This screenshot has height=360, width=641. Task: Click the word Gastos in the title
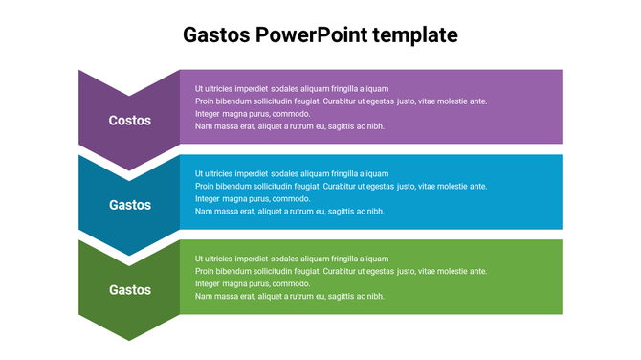[216, 35]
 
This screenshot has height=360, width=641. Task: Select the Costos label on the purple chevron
[129, 120]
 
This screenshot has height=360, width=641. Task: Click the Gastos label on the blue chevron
[129, 205]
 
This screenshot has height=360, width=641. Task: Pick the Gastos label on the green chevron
[129, 290]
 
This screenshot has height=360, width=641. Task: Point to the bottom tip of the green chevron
[129, 338]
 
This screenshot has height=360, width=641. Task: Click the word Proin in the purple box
[206, 101]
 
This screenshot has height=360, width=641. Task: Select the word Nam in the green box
[203, 297]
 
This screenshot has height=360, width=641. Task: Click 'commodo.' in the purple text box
[291, 114]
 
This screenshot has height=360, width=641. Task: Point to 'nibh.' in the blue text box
[375, 212]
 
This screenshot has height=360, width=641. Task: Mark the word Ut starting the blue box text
[200, 174]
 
